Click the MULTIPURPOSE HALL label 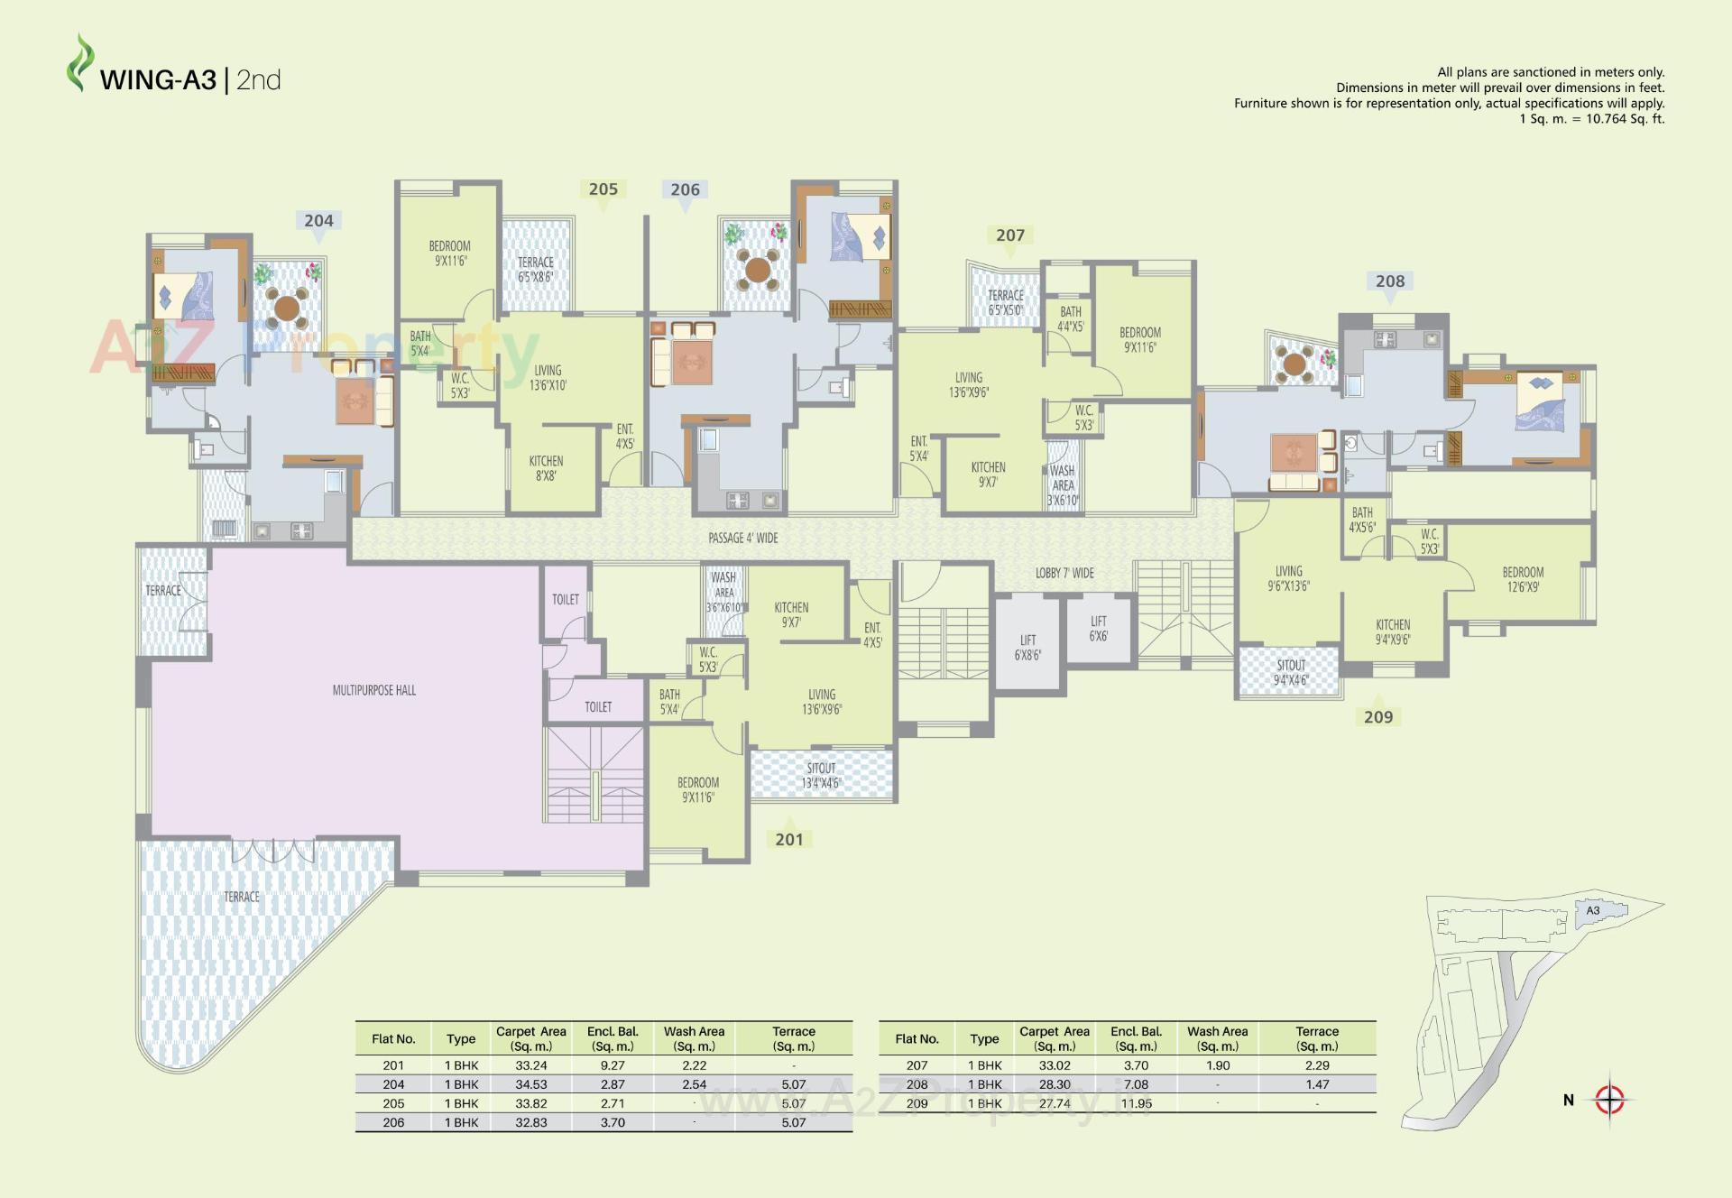tap(374, 690)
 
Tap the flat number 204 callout tap(318, 221)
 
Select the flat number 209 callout tap(1377, 717)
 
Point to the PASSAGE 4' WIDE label tap(742, 539)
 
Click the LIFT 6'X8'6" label tap(1027, 648)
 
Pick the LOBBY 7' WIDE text tap(1064, 574)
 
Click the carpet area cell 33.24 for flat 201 tap(531, 1065)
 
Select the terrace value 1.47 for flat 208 tap(1317, 1084)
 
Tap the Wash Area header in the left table tap(694, 1038)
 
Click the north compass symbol tap(1609, 1100)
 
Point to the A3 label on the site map tap(1593, 910)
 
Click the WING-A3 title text tap(159, 80)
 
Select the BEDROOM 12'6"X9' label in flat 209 tap(1523, 579)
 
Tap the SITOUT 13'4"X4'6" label tap(821, 776)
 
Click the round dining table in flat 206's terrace tap(758, 269)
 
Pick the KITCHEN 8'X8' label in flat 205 tap(546, 468)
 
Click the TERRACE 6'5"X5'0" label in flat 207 tap(1005, 302)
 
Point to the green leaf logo tap(80, 63)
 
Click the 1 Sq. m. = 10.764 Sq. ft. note tap(1591, 119)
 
